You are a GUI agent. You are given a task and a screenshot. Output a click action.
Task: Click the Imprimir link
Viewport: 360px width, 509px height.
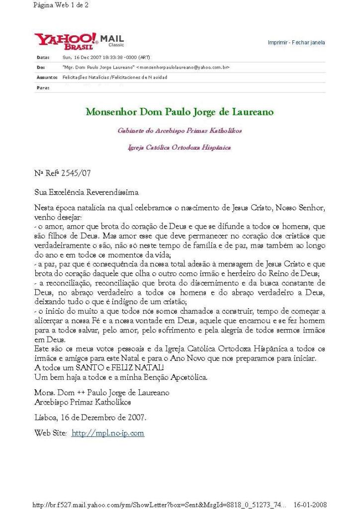click(278, 43)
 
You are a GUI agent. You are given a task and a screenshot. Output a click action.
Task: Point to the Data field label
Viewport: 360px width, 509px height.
click(43, 58)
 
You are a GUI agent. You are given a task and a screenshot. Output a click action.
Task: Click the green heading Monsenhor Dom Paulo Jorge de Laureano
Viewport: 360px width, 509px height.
click(180, 112)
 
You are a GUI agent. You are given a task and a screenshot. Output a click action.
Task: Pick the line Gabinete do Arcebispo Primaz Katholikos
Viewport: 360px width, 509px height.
click(180, 131)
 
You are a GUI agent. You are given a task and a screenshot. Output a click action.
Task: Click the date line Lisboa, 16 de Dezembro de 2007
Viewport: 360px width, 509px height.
click(90, 418)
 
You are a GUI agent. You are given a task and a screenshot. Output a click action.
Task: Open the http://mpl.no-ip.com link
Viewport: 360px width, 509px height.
click(108, 433)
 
